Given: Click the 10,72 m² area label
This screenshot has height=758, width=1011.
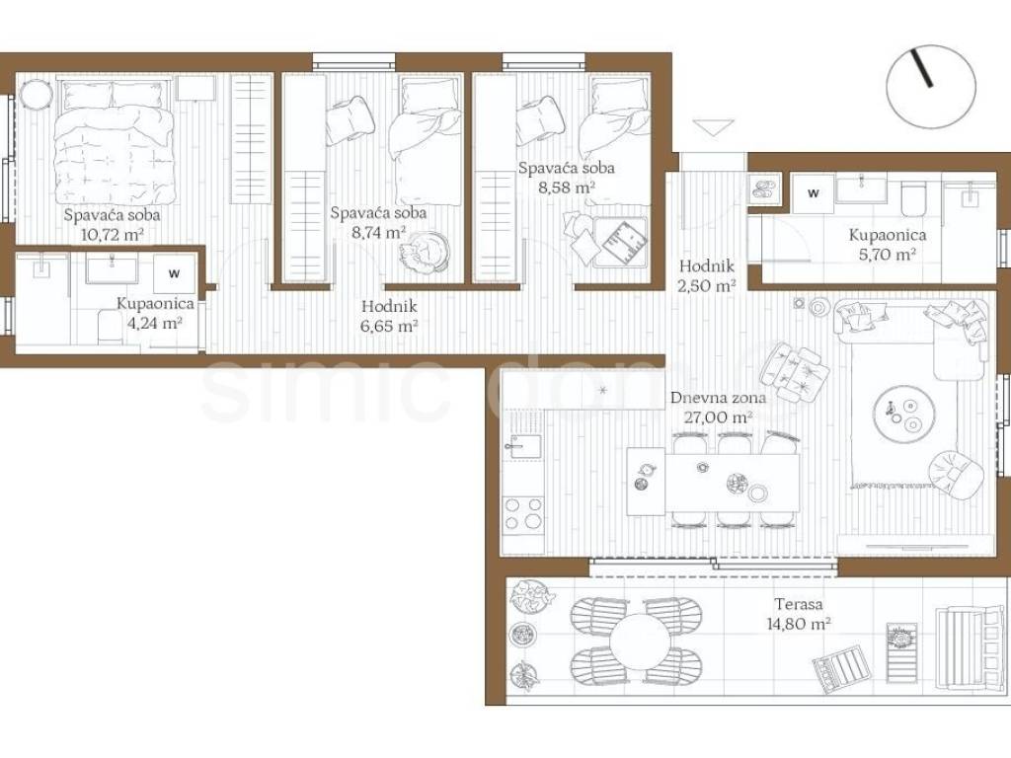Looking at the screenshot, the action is click(x=113, y=234).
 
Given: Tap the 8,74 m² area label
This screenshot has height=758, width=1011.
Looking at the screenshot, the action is click(x=378, y=231).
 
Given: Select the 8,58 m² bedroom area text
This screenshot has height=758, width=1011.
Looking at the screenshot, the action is click(x=566, y=188).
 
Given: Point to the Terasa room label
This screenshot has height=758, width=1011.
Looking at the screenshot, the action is click(x=799, y=604).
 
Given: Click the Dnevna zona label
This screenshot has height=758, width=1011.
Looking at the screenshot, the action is click(x=719, y=397).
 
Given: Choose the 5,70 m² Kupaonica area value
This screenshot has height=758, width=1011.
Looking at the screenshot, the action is click(x=888, y=254).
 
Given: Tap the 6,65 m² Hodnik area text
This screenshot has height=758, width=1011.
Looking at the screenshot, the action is click(x=389, y=326).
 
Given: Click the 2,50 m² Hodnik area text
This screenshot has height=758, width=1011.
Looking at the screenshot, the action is click(x=707, y=285).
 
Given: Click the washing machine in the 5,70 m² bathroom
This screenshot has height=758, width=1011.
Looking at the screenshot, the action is click(x=814, y=192).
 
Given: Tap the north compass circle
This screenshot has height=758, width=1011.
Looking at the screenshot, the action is click(x=930, y=87).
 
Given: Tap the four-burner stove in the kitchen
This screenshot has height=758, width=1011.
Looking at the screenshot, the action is click(x=523, y=515).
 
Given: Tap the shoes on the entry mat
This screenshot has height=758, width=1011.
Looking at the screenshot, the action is click(x=765, y=189).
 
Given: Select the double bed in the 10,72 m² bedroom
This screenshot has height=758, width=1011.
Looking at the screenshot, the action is click(x=115, y=142).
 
